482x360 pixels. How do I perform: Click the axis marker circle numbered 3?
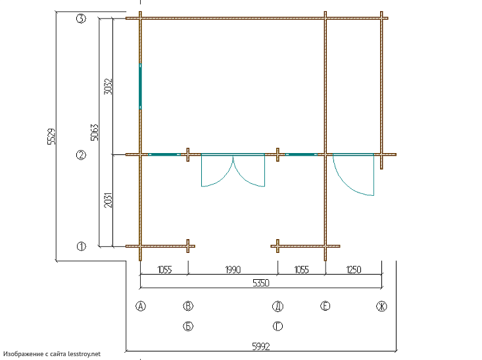[81, 19]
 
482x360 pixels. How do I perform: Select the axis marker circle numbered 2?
[81, 155]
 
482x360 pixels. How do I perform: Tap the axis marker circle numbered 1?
[81, 246]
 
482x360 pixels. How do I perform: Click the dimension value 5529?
[52, 137]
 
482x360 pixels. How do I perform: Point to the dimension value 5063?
[95, 132]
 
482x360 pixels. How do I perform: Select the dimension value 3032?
[108, 86]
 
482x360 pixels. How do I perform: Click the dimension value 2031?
[108, 200]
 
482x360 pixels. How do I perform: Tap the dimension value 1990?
[233, 270]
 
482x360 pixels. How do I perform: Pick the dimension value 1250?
[354, 270]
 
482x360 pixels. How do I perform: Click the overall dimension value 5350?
[261, 282]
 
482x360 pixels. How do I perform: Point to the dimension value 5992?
[261, 346]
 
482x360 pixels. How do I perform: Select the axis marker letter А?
[141, 306]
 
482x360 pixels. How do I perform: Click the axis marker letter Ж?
[381, 306]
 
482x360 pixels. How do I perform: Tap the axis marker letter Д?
[278, 306]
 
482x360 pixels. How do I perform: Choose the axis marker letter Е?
[325, 306]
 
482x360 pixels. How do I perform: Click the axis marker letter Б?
[188, 326]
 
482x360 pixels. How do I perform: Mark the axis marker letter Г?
[278, 326]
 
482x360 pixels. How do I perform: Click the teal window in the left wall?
[140, 86]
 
